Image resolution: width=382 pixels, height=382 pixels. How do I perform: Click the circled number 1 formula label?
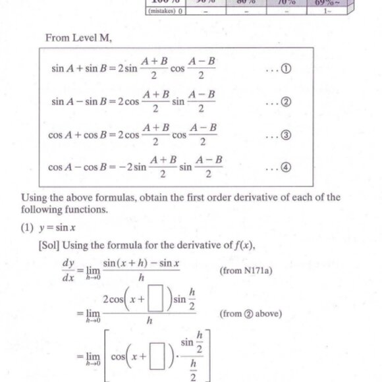286,69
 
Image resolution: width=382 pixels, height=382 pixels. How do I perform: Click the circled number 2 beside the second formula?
286,102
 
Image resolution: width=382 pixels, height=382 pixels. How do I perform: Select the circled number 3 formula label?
286,136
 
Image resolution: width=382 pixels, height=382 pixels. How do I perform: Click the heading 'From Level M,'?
78,38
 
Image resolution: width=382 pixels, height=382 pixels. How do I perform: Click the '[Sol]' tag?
50,246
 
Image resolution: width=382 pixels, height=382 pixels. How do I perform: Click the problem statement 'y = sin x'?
59,229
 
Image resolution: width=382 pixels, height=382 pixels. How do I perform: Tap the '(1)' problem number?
29,229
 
